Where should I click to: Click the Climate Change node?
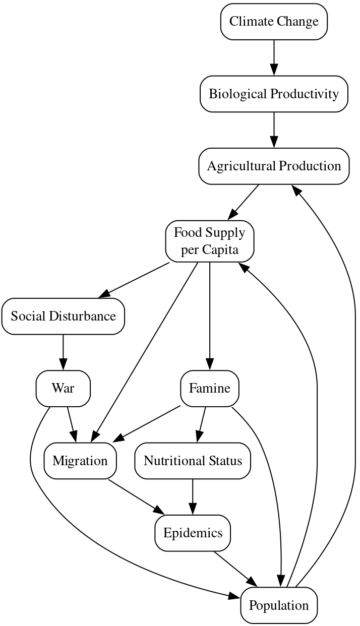274,22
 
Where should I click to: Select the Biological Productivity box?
274,94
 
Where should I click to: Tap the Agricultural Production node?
274,166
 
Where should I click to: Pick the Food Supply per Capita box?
209,241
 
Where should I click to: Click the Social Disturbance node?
63,316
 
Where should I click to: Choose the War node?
63,388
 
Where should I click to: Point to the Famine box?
209,388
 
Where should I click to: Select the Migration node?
80,461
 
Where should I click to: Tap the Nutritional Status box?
193,461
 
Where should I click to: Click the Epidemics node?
193,533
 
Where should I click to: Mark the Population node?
279,605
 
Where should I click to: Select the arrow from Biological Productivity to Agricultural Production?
274,130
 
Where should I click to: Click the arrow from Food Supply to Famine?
209,316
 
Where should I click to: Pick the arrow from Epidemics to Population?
235,569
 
